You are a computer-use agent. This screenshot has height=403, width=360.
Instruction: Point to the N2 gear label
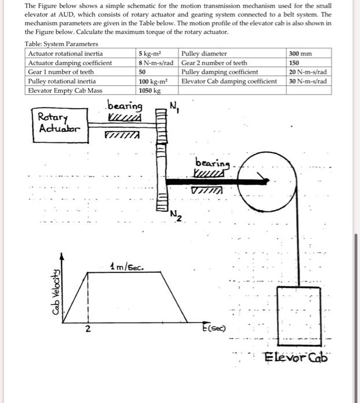click(x=176, y=216)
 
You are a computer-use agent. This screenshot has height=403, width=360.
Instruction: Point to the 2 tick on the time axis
click(x=88, y=329)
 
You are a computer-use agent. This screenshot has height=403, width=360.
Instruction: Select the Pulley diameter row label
click(x=204, y=54)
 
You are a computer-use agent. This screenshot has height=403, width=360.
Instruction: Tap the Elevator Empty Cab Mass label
click(x=64, y=90)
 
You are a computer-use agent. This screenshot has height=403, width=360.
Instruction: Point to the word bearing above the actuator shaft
click(x=124, y=106)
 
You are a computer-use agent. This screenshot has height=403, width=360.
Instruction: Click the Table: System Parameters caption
click(x=62, y=44)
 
